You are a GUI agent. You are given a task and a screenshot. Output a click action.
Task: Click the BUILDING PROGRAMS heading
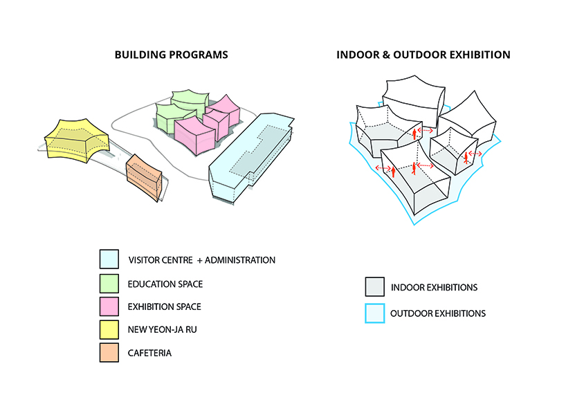(x=171, y=54)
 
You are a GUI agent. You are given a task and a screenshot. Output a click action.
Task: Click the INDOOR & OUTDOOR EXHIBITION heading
(x=423, y=54)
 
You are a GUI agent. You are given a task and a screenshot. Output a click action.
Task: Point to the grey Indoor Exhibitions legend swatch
(x=375, y=287)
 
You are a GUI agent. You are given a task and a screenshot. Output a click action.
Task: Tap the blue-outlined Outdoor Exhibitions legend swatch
(x=375, y=313)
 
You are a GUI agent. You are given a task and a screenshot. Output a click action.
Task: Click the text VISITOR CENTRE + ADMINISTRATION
(x=201, y=260)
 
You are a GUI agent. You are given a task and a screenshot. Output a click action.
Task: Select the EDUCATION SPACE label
(x=165, y=284)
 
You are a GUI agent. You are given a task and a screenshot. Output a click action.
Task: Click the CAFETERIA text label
(x=149, y=353)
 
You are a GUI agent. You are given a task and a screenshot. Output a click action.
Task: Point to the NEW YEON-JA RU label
(x=162, y=330)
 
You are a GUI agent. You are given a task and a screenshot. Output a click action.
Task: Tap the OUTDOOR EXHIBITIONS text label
(x=438, y=313)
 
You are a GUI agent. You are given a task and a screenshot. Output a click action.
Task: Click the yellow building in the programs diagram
(x=75, y=140)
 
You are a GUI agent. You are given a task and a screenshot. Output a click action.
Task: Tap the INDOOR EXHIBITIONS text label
(x=434, y=287)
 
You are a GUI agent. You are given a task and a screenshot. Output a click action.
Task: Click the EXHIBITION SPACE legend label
(x=165, y=307)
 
